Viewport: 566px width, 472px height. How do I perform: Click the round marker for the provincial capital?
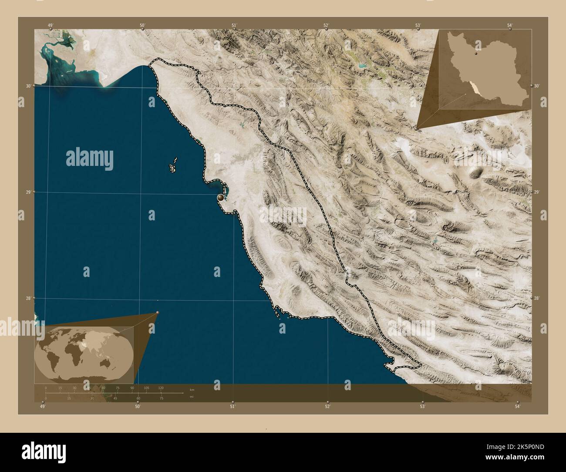pos(221,198)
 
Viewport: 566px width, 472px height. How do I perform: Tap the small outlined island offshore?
pos(173,166)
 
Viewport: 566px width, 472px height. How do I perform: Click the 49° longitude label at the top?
pos(51,25)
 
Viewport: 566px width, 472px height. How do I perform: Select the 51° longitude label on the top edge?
pos(234,25)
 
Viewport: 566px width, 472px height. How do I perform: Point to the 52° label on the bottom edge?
pos(327,406)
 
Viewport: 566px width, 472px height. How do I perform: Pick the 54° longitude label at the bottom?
pos(517,406)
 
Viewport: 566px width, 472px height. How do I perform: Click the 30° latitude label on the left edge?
pos(28,86)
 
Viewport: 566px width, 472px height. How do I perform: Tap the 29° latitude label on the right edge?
pos(536,192)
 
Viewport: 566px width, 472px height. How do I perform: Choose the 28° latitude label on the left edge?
pos(28,298)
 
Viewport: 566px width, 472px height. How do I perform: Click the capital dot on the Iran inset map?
pos(477,55)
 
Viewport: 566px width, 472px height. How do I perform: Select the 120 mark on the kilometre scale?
pos(161,388)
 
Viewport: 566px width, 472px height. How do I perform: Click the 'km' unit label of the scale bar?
pos(192,390)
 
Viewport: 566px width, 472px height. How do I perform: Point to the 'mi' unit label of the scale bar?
pos(192,397)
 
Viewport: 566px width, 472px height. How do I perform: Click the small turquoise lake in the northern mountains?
pos(361,67)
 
